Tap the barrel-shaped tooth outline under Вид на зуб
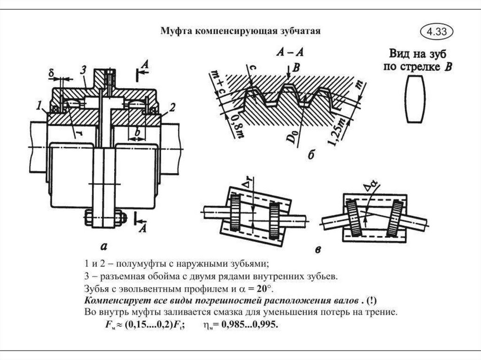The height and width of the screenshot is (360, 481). pos(415,100)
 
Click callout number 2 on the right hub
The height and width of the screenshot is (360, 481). pos(172,107)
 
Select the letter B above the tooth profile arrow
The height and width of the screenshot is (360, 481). pos(296,68)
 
